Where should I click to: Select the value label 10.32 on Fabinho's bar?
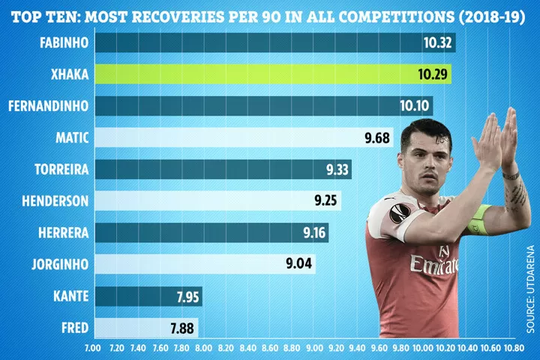tap(437, 42)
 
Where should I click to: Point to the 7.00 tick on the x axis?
tap(94, 349)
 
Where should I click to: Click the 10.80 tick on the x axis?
tap(514, 349)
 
